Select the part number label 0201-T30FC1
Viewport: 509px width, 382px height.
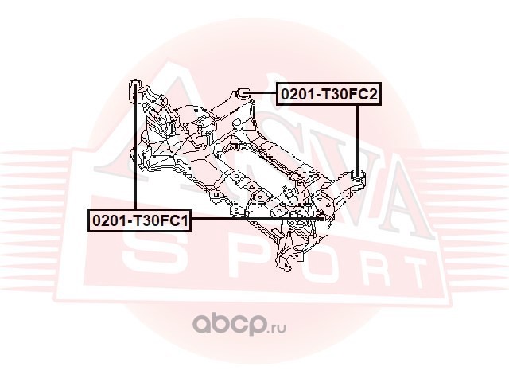139,218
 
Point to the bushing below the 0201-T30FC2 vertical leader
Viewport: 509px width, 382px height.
358,175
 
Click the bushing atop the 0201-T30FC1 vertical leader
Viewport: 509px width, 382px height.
135,86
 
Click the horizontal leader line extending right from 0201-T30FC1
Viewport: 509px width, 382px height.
254,218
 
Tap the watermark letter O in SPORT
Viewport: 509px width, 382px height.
266,263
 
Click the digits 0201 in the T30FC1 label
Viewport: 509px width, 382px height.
107,218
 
